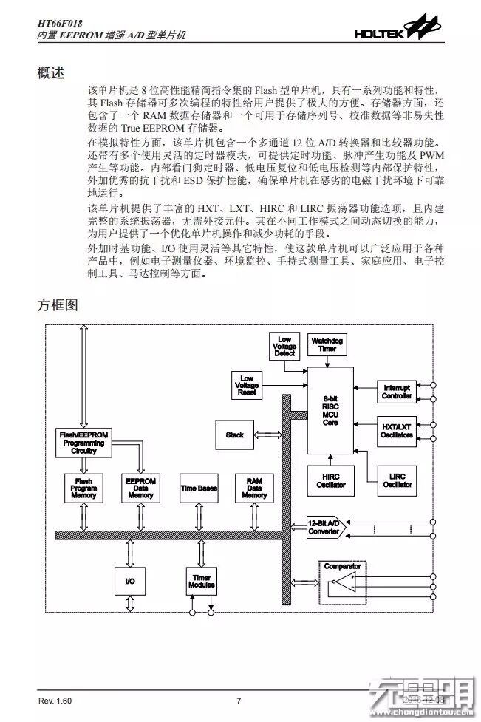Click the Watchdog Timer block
click(327, 345)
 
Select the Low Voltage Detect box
click(284, 346)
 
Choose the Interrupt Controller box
click(397, 392)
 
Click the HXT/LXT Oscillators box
click(397, 432)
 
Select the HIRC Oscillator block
click(330, 481)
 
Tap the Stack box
click(235, 435)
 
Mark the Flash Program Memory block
click(84, 488)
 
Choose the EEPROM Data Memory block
click(140, 488)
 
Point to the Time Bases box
click(199, 488)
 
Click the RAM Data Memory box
click(253, 488)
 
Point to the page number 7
click(239, 701)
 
